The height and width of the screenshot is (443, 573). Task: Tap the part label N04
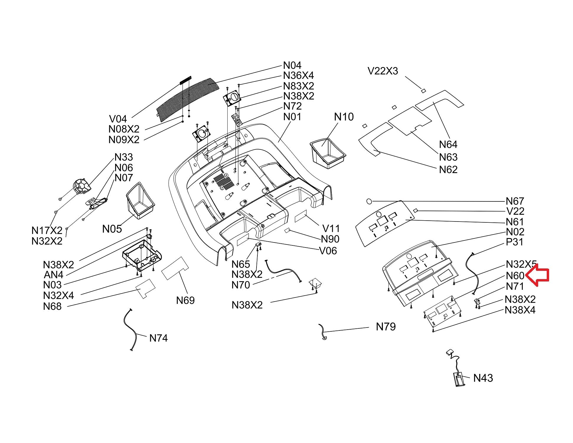click(x=292, y=65)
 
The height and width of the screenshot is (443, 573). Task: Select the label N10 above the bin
click(x=344, y=117)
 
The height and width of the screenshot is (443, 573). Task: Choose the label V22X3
click(x=383, y=71)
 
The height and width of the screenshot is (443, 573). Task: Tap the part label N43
click(x=483, y=378)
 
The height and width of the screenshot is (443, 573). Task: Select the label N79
click(x=386, y=327)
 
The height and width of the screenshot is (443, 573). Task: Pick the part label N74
click(x=159, y=338)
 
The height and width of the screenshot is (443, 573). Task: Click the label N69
click(x=185, y=300)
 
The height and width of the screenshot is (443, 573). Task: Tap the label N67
click(x=515, y=201)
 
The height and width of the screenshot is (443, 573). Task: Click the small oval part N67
click(x=369, y=201)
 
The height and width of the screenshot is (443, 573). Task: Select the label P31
click(x=515, y=242)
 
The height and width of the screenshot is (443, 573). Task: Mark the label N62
click(x=448, y=170)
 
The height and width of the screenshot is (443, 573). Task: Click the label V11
click(x=331, y=229)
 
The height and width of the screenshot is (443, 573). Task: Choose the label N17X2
click(x=47, y=230)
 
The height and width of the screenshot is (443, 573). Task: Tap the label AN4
click(x=53, y=275)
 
